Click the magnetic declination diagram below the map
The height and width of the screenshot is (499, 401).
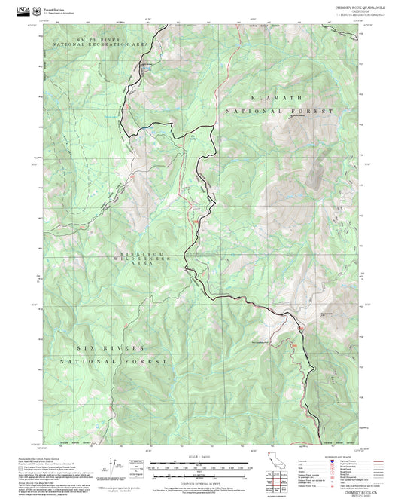point(114,465)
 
